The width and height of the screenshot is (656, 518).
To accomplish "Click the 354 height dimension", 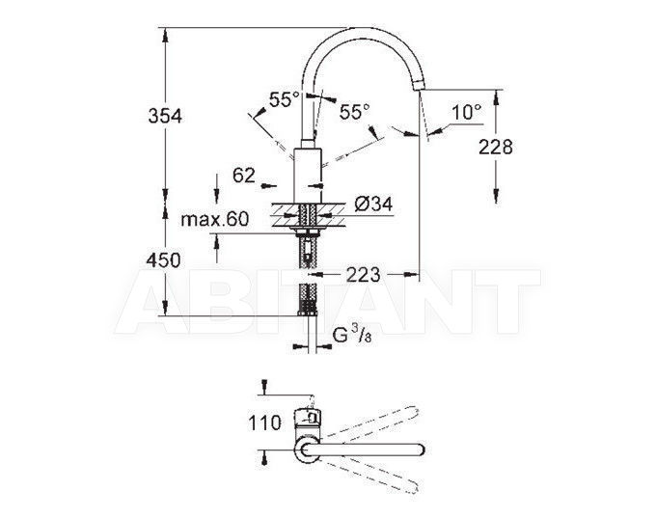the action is tap(165, 116).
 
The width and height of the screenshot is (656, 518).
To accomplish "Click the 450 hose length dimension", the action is tap(163, 260).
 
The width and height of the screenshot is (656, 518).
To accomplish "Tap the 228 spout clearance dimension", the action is tap(495, 147).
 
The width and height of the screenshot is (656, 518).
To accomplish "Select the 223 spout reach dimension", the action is tap(363, 275).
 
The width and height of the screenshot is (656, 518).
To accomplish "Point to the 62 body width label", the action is tap(244, 175).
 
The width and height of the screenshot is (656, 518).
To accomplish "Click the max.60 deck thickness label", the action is tap(214, 219).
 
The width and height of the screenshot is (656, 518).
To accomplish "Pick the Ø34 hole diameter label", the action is tap(373, 204).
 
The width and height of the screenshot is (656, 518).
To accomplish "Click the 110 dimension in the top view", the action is tap(264, 423).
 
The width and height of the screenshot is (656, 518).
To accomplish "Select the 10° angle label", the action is tap(467, 112).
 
